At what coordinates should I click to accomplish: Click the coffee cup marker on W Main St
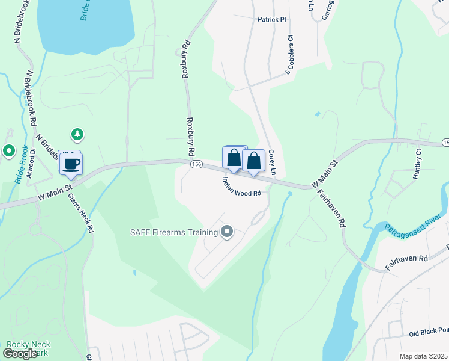coord(71,163)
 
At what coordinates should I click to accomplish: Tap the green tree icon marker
coord(77,134)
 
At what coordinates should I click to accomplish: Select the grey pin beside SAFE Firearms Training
coord(227,232)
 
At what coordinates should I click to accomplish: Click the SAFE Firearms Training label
coord(174,232)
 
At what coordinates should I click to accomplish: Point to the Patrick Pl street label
coord(272,19)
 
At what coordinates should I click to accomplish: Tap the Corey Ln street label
coord(272,162)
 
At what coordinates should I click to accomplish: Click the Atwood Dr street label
coord(33,158)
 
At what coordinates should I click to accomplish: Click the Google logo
coord(20,354)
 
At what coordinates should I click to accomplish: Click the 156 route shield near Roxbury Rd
coord(196,164)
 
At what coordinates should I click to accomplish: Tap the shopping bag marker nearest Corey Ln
coord(254,161)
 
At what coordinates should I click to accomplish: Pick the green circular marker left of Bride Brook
coord(8,151)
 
